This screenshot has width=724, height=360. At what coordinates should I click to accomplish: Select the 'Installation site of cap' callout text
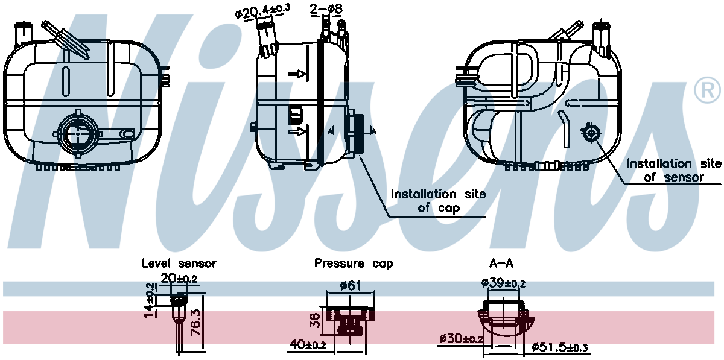[x=439, y=201]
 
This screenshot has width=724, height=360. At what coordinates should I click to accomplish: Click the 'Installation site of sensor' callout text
[x=674, y=170]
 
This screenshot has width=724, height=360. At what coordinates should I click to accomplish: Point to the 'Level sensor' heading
[x=179, y=264]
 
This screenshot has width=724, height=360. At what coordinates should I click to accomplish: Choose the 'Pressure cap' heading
[x=353, y=264]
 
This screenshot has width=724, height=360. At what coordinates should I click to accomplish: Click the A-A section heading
[x=501, y=264]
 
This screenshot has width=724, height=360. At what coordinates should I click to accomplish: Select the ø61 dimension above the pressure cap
[x=351, y=285]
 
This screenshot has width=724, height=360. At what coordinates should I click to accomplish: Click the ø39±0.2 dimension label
[x=503, y=283]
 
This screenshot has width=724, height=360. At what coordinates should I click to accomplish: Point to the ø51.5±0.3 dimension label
[x=560, y=347]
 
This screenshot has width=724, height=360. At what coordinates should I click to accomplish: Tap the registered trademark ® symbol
[x=707, y=90]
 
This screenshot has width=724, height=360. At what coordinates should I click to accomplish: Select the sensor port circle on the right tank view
[x=591, y=132]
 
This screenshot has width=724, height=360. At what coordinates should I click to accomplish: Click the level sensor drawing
[x=178, y=320]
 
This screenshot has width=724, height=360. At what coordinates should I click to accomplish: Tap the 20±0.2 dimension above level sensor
[x=179, y=278]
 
